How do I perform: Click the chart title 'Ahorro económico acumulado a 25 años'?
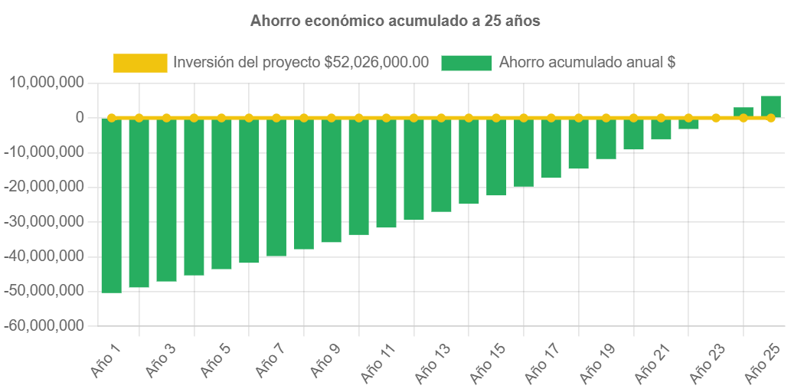tap(395, 21)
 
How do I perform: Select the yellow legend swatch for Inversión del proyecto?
tap(140, 63)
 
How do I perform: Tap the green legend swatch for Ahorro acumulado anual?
tap(466, 63)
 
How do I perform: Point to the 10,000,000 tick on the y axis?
tap(46, 83)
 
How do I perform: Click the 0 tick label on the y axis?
tap(79, 117)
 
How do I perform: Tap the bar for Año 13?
tap(441, 165)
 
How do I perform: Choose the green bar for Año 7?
tap(276, 187)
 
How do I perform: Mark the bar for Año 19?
tap(606, 139)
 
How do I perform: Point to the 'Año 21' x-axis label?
tap(654, 363)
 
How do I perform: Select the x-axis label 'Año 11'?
tap(379, 363)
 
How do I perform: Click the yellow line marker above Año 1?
tap(112, 118)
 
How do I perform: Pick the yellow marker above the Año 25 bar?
tap(770, 118)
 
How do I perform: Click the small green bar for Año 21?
tap(661, 129)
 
